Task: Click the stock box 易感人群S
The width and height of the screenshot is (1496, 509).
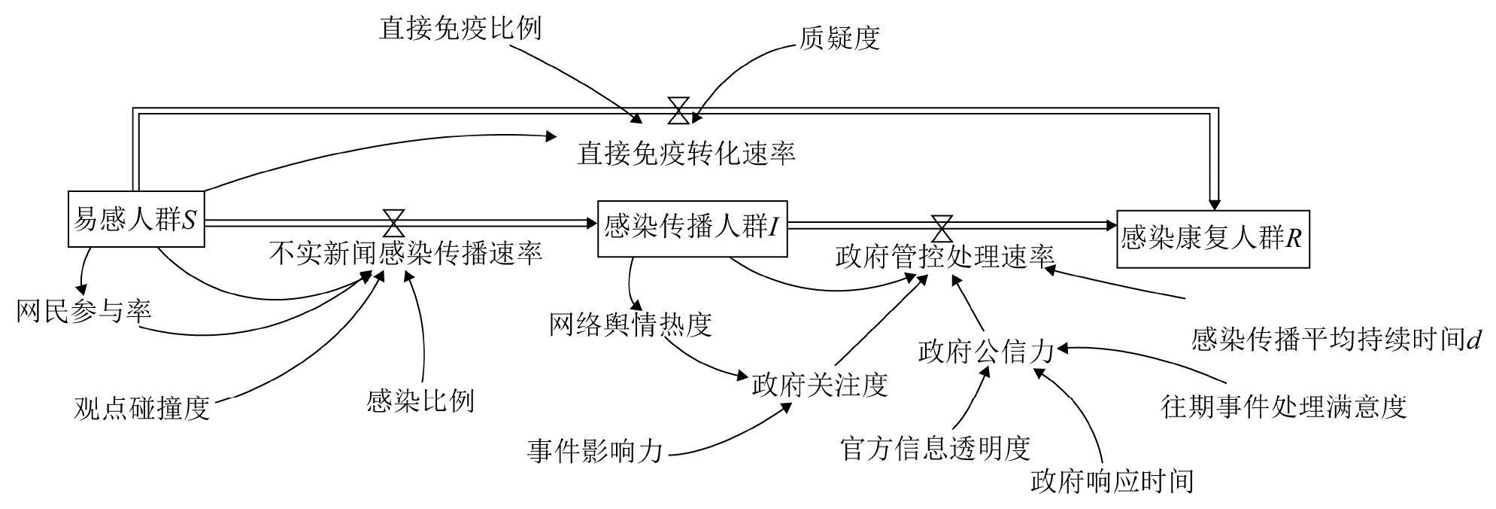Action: [136, 219]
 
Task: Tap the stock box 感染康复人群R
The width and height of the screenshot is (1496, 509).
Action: [1212, 239]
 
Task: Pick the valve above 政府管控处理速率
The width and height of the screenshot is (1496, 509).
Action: [942, 224]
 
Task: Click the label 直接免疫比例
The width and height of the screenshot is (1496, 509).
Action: [460, 29]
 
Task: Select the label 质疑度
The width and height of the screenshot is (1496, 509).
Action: [839, 37]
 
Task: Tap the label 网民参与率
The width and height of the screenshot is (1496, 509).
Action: [84, 310]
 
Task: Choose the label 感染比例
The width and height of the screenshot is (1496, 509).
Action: [420, 400]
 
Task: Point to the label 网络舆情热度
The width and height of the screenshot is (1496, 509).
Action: [630, 325]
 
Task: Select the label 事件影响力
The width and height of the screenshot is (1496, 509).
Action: [595, 451]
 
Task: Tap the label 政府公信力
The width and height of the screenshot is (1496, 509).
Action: [986, 351]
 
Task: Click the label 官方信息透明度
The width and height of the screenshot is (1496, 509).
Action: [935, 448]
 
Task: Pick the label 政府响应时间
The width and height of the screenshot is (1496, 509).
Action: [1112, 480]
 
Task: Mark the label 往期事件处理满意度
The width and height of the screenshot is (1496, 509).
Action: [1284, 406]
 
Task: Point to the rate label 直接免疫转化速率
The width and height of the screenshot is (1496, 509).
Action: [686, 154]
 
